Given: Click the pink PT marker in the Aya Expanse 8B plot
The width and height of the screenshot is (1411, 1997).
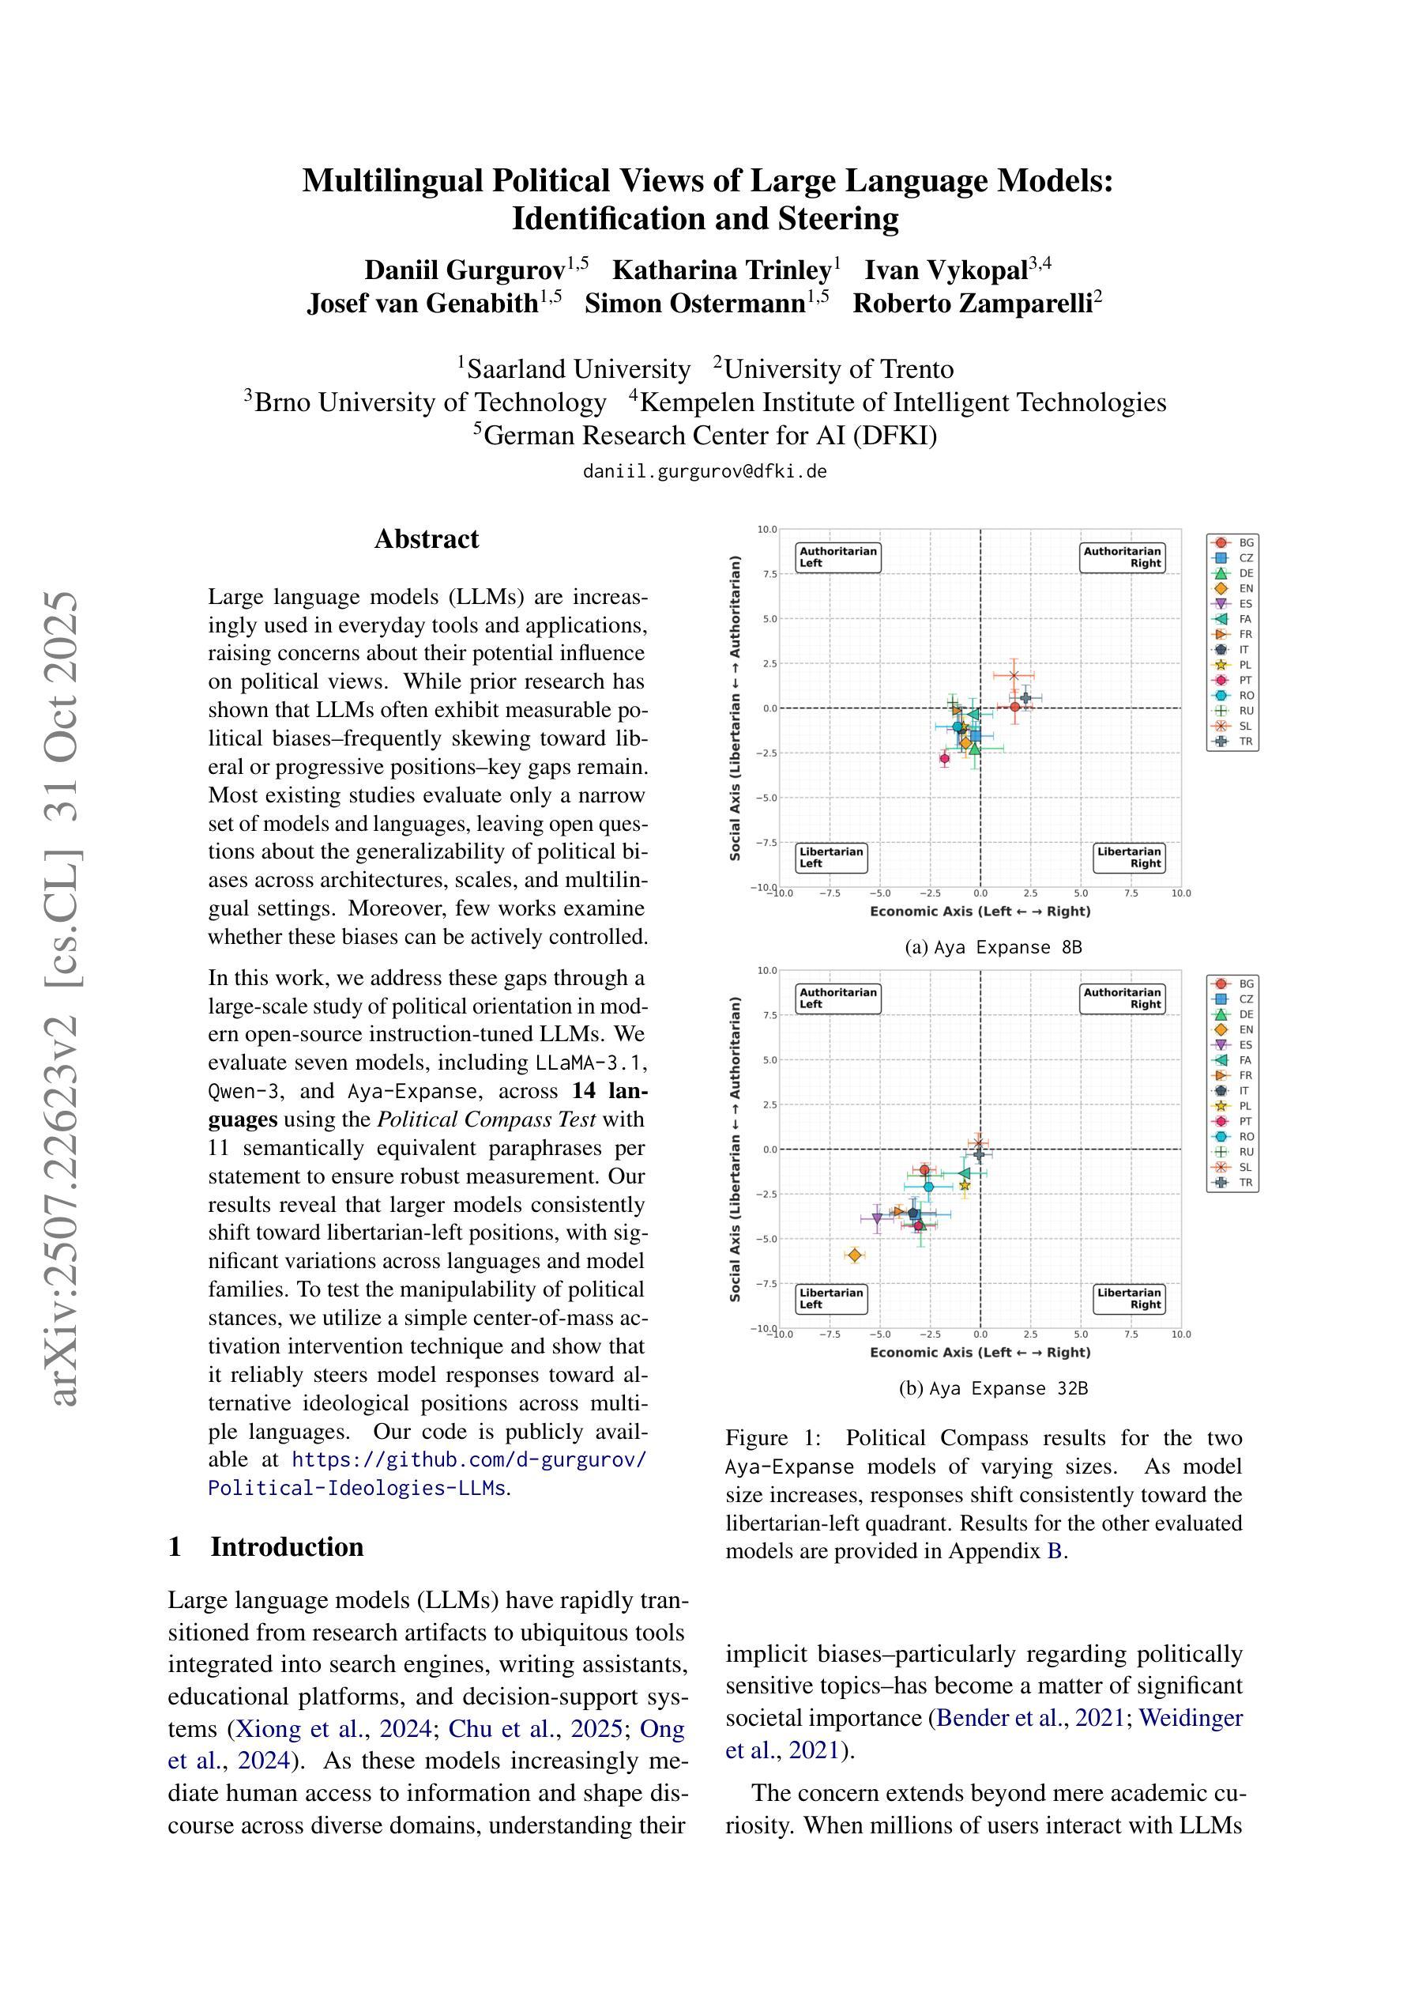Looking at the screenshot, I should (x=945, y=758).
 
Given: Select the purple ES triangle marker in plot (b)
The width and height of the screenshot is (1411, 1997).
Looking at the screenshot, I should (x=877, y=1218).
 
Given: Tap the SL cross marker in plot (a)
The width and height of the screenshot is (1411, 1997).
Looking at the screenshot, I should (x=1014, y=675).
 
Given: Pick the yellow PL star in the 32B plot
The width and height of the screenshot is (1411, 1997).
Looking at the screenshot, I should (x=964, y=1184).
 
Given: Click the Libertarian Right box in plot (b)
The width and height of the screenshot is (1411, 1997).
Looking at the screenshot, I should (x=1128, y=1299).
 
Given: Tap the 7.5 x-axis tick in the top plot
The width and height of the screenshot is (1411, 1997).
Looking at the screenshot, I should (x=1131, y=893).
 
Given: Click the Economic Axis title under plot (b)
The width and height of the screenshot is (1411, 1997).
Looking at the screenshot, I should (x=980, y=1353).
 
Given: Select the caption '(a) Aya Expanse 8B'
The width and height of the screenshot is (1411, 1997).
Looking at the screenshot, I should (x=993, y=947).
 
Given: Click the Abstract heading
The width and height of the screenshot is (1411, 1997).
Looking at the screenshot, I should (x=426, y=539).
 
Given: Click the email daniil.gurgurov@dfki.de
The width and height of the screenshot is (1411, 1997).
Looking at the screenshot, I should (x=704, y=471).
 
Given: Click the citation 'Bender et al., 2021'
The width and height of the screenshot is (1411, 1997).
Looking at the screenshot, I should (x=1030, y=1719).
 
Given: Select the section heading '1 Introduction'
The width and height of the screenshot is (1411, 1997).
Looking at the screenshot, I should (x=265, y=1546).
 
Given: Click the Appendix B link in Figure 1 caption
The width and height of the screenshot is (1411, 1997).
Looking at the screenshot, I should (x=1054, y=1552).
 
